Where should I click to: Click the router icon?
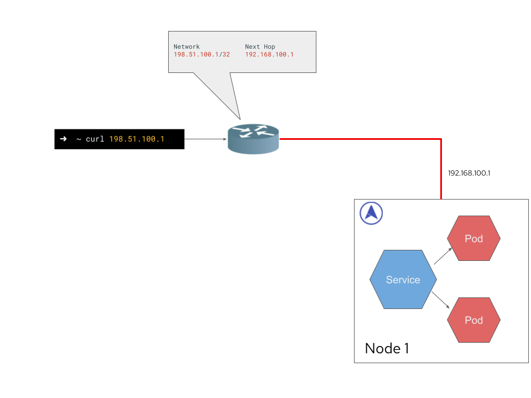(x=253, y=139)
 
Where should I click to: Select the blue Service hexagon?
(x=403, y=280)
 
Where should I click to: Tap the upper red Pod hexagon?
(x=473, y=238)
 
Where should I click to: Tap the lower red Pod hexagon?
(x=473, y=320)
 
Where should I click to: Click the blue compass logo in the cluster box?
(x=371, y=213)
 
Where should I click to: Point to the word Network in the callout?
(x=186, y=47)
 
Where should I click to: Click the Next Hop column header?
(x=260, y=47)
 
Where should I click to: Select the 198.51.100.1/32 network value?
(x=201, y=55)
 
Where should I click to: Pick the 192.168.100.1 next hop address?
(x=269, y=55)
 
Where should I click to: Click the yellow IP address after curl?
(x=137, y=139)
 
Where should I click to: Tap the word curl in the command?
(x=95, y=139)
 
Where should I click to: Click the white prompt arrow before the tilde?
(x=63, y=139)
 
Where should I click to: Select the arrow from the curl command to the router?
(x=205, y=139)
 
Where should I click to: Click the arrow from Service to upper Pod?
(x=443, y=256)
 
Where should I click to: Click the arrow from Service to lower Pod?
(x=440, y=300)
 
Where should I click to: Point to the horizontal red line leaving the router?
(x=360, y=139)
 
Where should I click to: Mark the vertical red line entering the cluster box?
(x=441, y=171)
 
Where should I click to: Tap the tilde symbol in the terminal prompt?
(x=79, y=139)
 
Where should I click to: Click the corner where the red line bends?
(x=441, y=139)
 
